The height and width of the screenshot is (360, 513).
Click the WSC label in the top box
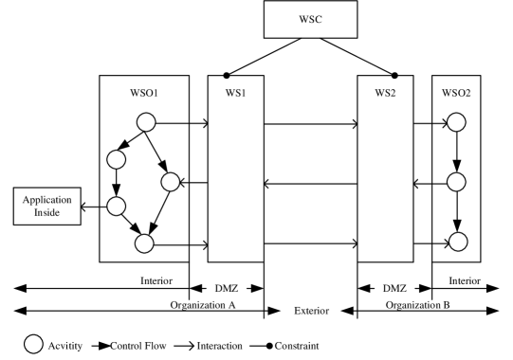[x=310, y=19]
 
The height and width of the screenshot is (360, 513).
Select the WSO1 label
[x=143, y=94]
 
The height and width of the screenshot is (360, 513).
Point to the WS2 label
[x=385, y=94]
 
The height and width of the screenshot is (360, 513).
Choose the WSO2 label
[x=456, y=94]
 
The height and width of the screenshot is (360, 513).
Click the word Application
[x=47, y=200]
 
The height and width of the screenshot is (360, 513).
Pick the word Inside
[x=47, y=212]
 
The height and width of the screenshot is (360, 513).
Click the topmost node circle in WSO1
[x=146, y=122]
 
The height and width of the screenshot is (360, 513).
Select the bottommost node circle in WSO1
[x=144, y=243]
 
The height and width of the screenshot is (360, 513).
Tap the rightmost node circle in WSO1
[x=171, y=183]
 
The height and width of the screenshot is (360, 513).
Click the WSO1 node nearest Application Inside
[x=117, y=205]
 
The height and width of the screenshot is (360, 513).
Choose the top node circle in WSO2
[x=457, y=122]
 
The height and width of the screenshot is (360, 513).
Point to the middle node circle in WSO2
[x=457, y=183]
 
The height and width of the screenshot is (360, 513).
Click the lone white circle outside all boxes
[x=33, y=344]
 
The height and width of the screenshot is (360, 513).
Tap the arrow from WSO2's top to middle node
[x=457, y=153]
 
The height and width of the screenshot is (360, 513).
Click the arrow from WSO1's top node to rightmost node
[x=158, y=153]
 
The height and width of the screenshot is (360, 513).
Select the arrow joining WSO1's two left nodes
[x=117, y=182]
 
